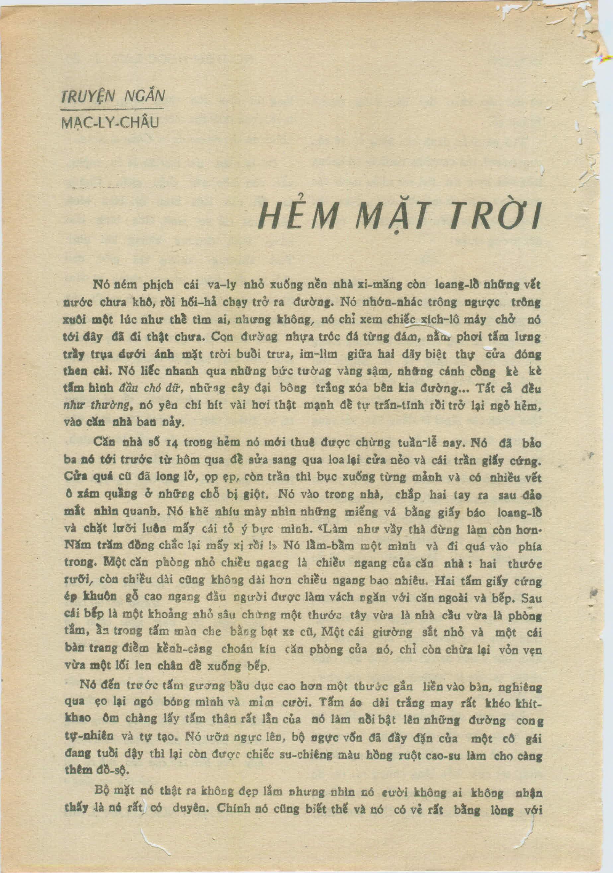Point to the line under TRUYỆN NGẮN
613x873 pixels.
[x=112, y=109]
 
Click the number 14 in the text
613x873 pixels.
[x=170, y=443]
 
